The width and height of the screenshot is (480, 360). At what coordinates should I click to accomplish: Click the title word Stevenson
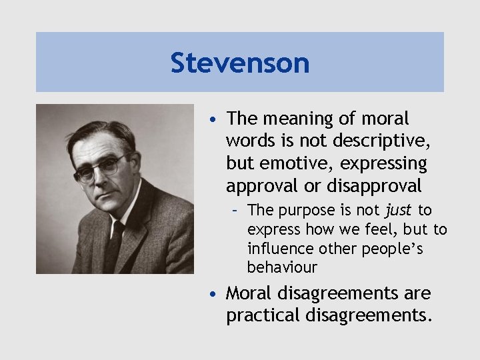[x=240, y=63]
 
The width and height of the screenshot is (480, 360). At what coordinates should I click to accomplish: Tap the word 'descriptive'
[x=378, y=141]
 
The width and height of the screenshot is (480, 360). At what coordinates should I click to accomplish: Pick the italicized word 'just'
[x=399, y=211]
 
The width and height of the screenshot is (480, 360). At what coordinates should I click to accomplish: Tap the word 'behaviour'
[x=282, y=268]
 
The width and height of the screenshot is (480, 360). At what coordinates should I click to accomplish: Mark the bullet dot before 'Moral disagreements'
[x=211, y=294]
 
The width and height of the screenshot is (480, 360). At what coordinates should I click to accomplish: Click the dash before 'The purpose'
[x=236, y=211]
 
